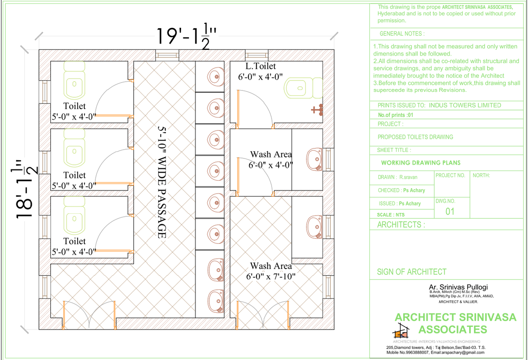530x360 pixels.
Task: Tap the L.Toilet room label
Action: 261,67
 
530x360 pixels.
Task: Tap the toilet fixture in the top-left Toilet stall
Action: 74,80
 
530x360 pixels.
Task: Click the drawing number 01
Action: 450,211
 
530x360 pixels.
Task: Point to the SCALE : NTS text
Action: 391,215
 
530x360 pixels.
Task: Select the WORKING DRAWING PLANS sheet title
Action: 420,163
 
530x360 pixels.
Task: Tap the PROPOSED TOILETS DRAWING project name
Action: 415,137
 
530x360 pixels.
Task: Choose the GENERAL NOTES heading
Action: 402,34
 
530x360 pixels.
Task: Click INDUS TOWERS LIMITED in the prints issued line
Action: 465,105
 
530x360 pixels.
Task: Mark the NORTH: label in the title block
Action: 481,175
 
